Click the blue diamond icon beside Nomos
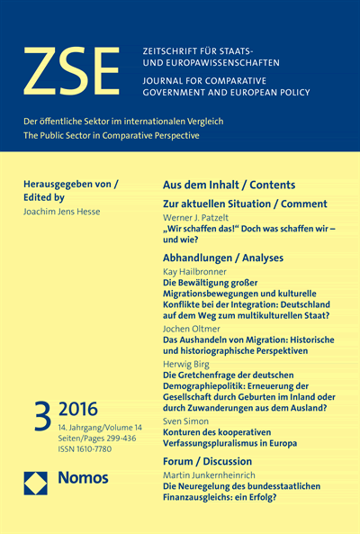(x=37, y=478)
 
